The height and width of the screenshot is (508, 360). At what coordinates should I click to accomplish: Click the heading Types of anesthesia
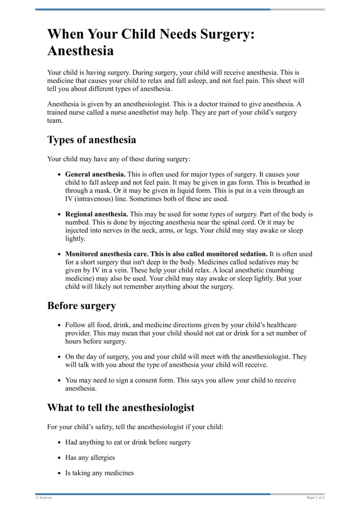pyautogui.click(x=91, y=140)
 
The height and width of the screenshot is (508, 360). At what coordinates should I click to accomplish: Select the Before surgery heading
pyautogui.click(x=81, y=306)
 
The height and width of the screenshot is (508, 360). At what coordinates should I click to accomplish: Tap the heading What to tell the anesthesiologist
pyautogui.click(x=121, y=408)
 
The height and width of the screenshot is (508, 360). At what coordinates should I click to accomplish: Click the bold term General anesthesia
pyautogui.click(x=95, y=174)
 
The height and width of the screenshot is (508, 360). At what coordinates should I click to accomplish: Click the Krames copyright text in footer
pyautogui.click(x=44, y=498)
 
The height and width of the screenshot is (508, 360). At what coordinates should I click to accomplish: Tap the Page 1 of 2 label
pyautogui.click(x=315, y=498)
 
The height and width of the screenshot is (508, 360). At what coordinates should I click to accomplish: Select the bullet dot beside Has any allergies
pyautogui.click(x=59, y=458)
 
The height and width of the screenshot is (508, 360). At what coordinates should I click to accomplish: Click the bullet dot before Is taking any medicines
pyautogui.click(x=59, y=473)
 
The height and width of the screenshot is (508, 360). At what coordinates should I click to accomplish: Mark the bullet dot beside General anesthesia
pyautogui.click(x=59, y=174)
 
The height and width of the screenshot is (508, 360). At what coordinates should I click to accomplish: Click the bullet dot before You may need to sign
pyautogui.click(x=59, y=380)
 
